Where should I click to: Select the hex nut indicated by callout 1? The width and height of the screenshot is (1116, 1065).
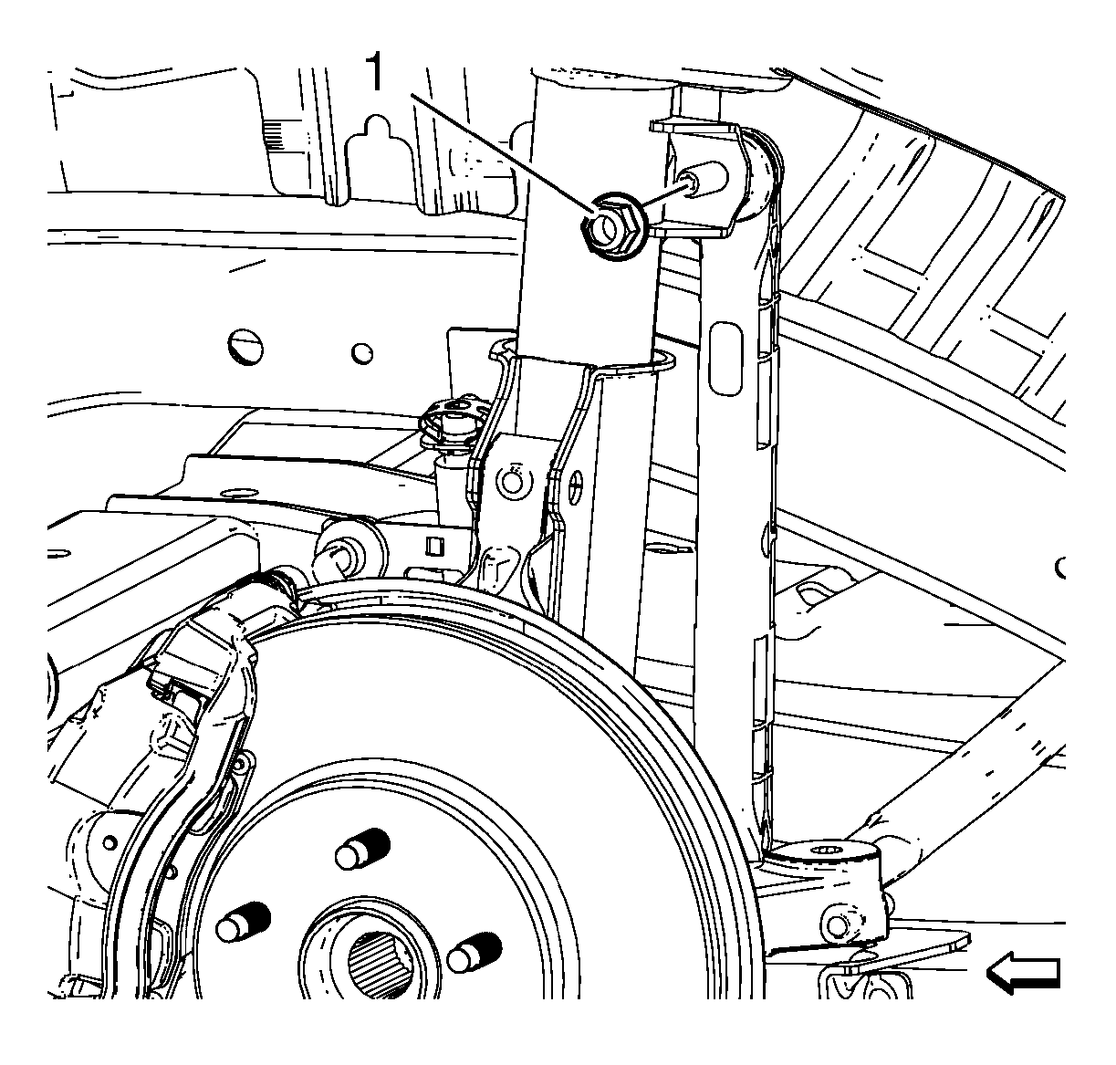[x=611, y=226]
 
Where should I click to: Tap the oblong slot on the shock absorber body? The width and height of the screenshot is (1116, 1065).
[x=725, y=359]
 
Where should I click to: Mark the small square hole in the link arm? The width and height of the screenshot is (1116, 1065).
[x=434, y=546]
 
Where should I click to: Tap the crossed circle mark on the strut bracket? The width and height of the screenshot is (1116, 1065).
[x=575, y=486]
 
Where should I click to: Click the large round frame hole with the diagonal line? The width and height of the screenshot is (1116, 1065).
[x=245, y=347]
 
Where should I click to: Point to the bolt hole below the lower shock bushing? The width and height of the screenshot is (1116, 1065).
[x=838, y=925]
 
